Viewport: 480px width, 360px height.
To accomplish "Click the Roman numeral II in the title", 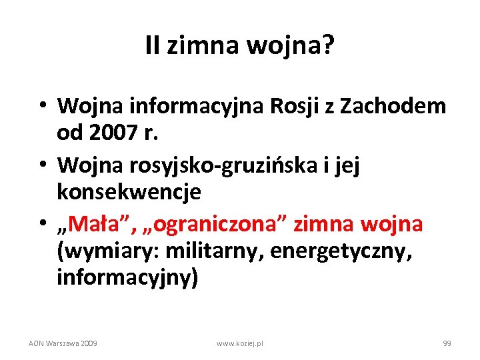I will [x=153, y=46].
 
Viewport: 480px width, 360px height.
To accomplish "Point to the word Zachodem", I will [x=394, y=105].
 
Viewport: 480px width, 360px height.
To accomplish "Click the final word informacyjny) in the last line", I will [x=127, y=277].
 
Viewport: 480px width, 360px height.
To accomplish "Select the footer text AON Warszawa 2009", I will [x=63, y=343].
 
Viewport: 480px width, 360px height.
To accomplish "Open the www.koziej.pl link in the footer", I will [x=240, y=343].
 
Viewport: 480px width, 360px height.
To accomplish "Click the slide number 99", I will [x=447, y=343].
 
